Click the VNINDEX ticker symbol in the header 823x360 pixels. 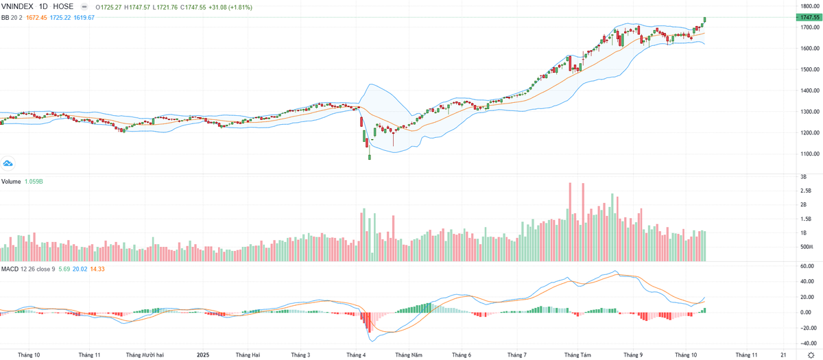click(18, 6)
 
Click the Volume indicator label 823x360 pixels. click(10, 182)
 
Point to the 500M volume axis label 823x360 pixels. click(807, 247)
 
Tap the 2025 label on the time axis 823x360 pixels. click(202, 355)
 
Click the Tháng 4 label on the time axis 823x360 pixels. click(356, 355)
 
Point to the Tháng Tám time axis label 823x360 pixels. click(577, 355)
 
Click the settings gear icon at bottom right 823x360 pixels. click(811, 355)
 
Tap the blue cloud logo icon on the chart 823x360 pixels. click(9, 163)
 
